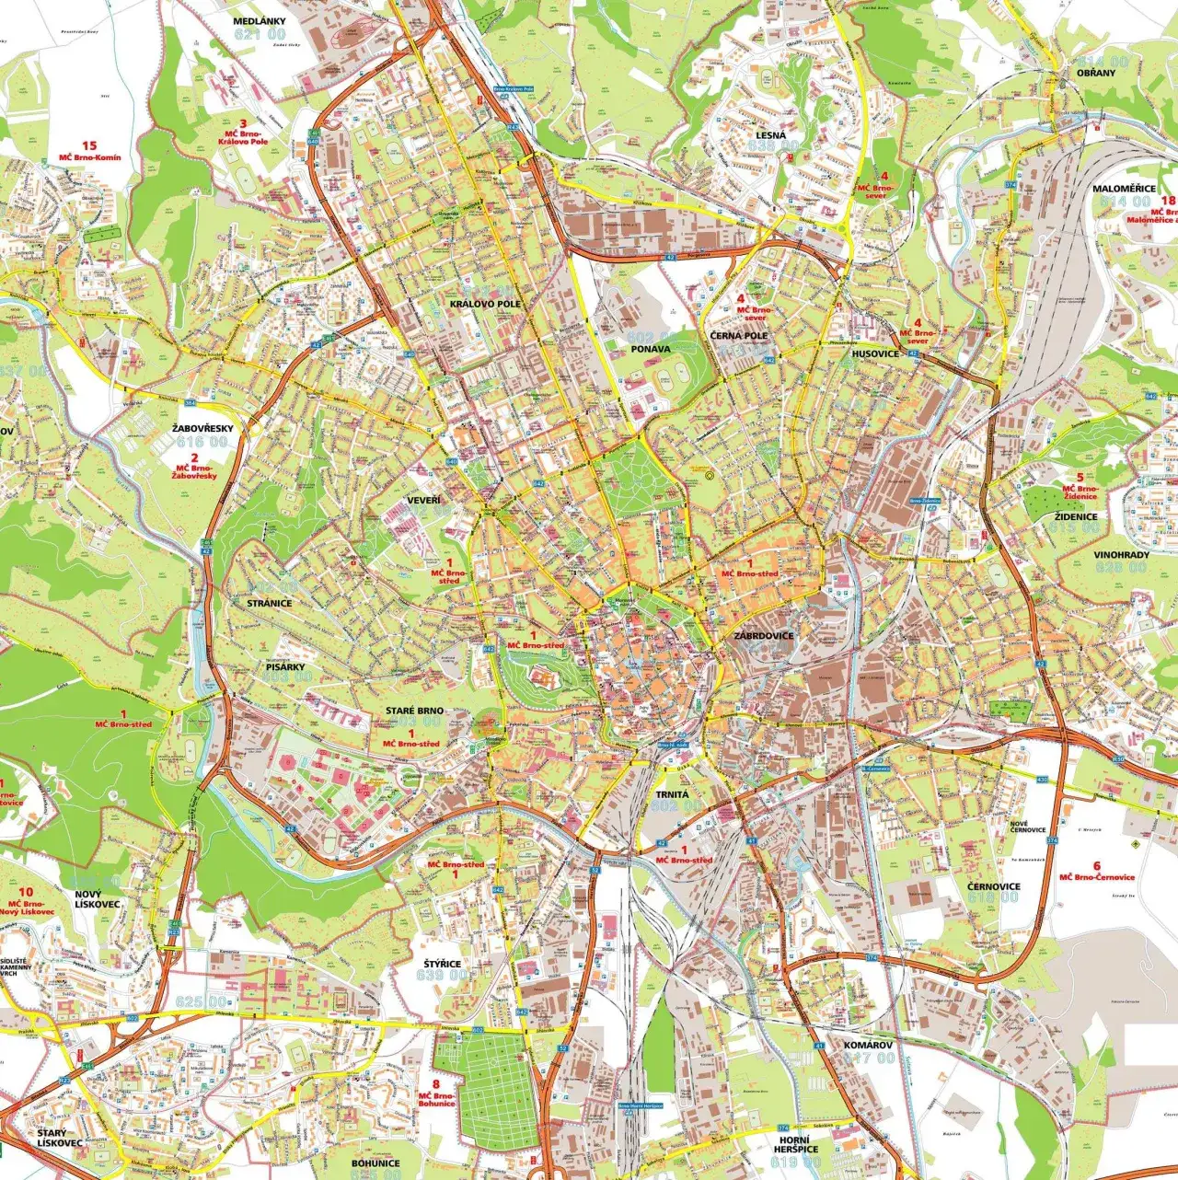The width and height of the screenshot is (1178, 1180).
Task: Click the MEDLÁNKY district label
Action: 260,21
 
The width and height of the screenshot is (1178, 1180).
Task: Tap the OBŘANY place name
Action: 1095,73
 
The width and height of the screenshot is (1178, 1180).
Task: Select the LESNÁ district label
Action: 771,134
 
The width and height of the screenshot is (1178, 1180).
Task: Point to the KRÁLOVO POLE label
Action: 485,304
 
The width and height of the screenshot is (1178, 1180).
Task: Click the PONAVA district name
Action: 651,350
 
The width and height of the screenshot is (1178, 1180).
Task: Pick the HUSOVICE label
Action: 875,353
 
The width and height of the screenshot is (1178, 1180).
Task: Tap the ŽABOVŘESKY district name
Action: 202,429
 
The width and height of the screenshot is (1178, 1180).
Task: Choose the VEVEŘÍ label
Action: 424,500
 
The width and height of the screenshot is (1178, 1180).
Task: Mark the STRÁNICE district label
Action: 269,604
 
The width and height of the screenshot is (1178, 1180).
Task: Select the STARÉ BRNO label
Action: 414,711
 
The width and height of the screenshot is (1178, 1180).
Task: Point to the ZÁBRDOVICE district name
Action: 764,636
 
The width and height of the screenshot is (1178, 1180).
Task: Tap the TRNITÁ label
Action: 672,793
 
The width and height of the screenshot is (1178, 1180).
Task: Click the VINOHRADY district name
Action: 1121,555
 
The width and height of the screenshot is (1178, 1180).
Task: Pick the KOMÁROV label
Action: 868,1046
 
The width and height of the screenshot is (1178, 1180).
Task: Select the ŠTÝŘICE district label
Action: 442,964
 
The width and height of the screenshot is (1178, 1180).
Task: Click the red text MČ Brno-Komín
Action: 89,157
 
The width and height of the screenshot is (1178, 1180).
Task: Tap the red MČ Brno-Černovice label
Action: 1096,877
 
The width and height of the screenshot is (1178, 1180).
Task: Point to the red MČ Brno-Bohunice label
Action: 436,1099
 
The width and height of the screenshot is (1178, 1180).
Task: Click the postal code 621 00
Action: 260,35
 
